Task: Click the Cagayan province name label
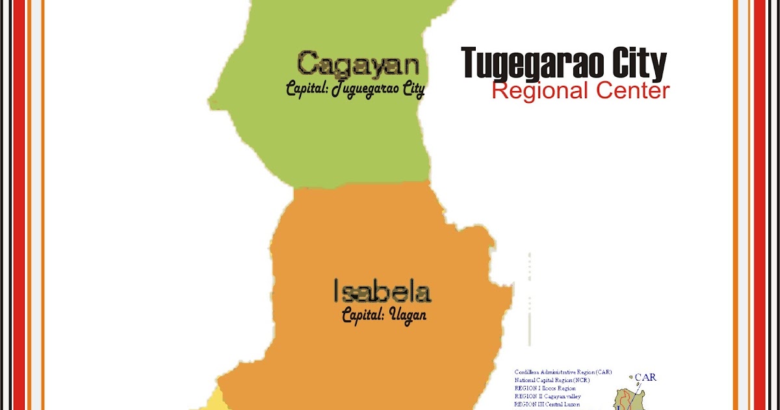tap(359, 65)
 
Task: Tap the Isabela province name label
tap(382, 292)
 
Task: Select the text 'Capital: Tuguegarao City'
tap(356, 89)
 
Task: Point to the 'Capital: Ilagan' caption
tap(384, 316)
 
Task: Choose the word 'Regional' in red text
tap(538, 91)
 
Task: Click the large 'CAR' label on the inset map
tap(645, 377)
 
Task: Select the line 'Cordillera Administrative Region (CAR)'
tap(563, 372)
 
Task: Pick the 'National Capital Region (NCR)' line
tap(552, 380)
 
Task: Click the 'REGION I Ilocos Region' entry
tap(545, 389)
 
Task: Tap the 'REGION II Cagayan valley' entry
tap(547, 396)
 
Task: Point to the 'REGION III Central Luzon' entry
tap(547, 404)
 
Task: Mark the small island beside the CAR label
tap(630, 376)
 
